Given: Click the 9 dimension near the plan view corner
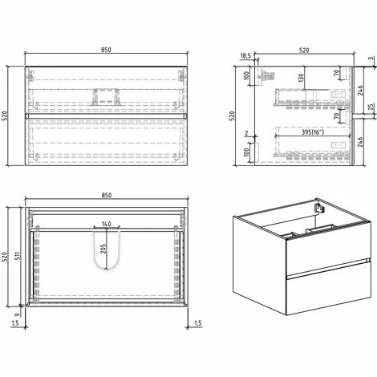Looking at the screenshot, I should click(17, 314).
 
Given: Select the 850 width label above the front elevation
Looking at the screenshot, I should click(107, 50).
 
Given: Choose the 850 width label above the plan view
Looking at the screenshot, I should click(107, 196).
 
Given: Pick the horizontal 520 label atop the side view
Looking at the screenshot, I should click(304, 50).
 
